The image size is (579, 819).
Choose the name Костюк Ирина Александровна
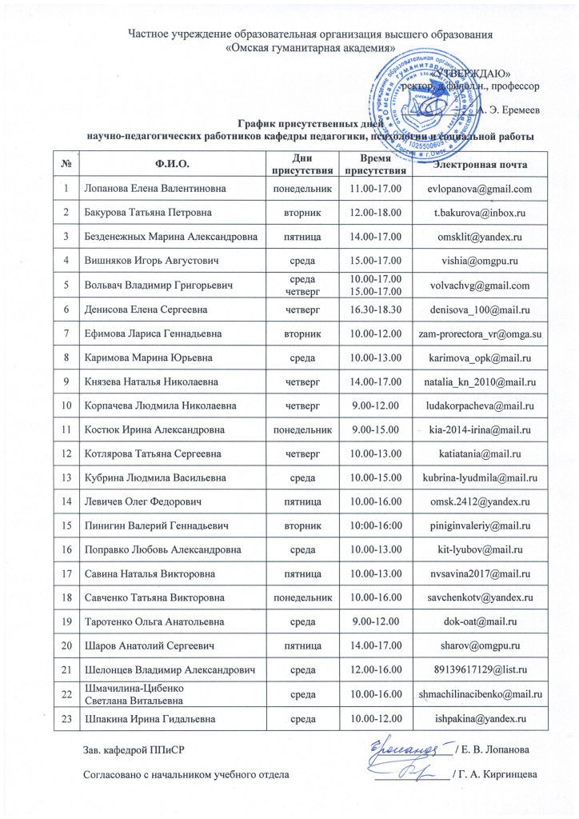[154, 429]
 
